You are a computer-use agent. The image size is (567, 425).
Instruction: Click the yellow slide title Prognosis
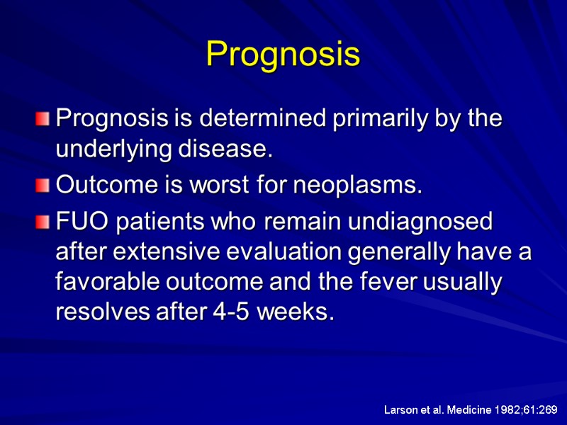[283, 55]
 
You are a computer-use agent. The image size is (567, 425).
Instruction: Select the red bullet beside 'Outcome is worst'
[45, 186]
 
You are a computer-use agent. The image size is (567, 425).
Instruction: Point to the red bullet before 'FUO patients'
[45, 222]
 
